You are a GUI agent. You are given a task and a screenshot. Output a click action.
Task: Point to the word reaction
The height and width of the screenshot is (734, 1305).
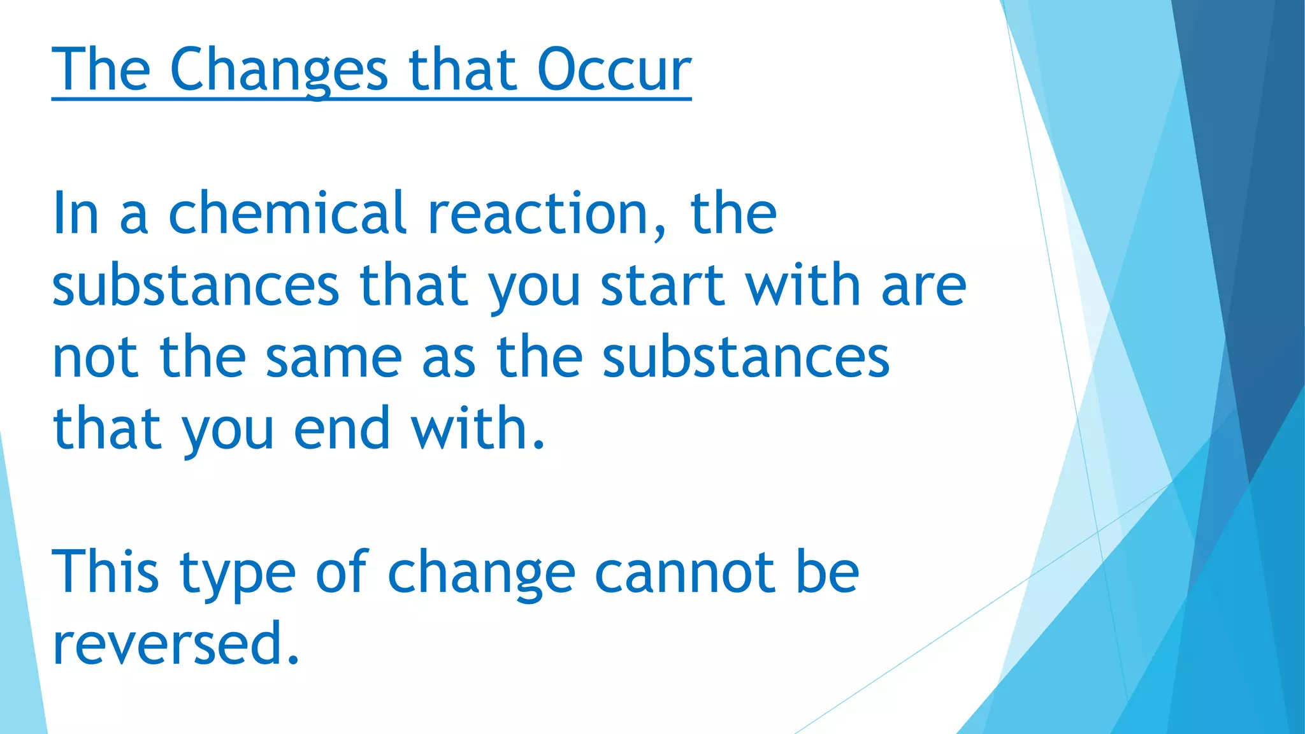tap(538, 213)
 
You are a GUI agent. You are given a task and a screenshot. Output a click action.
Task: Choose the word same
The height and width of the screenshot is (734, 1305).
tap(333, 357)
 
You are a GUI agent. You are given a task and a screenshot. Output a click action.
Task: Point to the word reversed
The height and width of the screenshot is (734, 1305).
tap(167, 644)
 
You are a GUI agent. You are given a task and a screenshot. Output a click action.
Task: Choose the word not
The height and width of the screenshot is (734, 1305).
tap(95, 357)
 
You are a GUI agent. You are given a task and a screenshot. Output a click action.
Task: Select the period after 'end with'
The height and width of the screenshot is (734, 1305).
tap(539, 445)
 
